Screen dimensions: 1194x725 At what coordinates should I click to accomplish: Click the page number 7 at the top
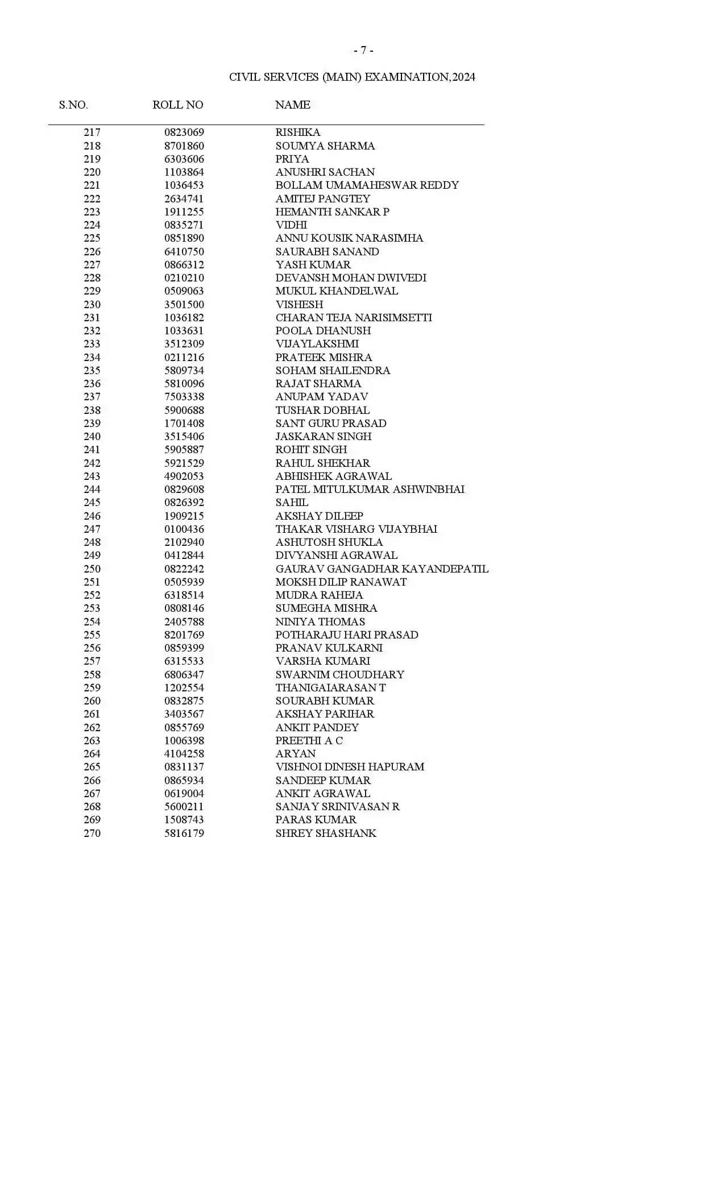(x=363, y=51)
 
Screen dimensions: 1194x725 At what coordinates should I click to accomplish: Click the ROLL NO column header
(x=177, y=105)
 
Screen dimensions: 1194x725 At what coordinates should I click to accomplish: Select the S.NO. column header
(x=73, y=105)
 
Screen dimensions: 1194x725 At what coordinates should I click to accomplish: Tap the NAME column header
(x=292, y=105)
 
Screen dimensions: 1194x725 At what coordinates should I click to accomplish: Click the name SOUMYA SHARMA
(x=325, y=146)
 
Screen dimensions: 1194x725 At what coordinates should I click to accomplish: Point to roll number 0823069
(x=184, y=132)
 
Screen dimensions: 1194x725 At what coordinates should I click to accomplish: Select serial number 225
(x=92, y=238)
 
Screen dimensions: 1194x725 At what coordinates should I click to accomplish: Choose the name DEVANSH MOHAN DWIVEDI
(x=350, y=278)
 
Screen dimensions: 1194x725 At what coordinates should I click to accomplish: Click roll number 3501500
(x=184, y=305)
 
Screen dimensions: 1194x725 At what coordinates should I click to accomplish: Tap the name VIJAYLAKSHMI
(x=317, y=344)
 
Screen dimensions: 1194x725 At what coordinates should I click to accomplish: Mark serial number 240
(x=92, y=437)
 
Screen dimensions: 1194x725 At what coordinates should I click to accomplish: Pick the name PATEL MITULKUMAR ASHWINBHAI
(x=370, y=490)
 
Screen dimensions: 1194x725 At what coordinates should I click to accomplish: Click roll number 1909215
(x=184, y=516)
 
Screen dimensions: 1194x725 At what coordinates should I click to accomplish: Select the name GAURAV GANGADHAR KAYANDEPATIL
(x=382, y=569)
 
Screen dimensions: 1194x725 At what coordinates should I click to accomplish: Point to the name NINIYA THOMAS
(x=320, y=622)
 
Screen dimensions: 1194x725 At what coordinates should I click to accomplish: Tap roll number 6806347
(x=184, y=675)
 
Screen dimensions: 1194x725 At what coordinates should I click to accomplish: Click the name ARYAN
(x=295, y=754)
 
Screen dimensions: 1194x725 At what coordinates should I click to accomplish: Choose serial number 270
(x=92, y=834)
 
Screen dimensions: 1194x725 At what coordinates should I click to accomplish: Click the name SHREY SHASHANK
(x=326, y=834)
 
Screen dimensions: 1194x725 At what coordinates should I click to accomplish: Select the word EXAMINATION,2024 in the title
(x=420, y=77)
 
